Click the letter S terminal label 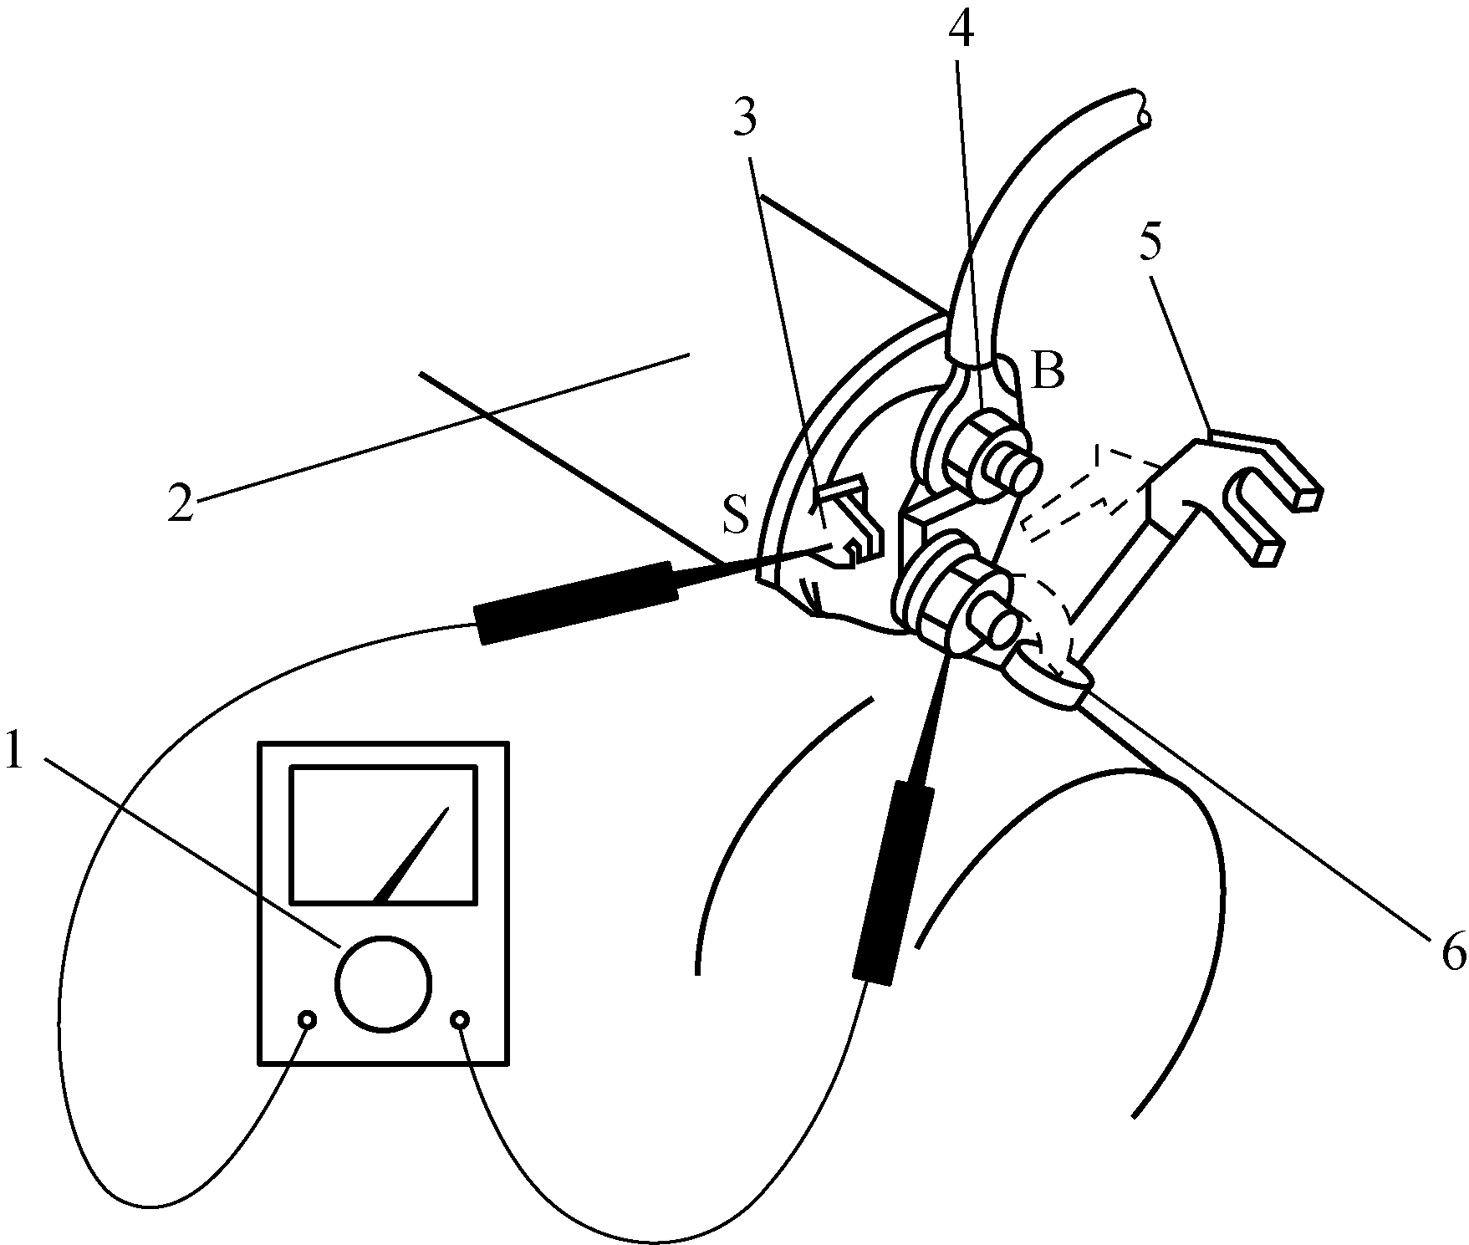click(x=736, y=518)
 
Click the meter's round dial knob click(x=383, y=983)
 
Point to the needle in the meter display click(x=410, y=857)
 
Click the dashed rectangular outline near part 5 click(x=1087, y=493)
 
